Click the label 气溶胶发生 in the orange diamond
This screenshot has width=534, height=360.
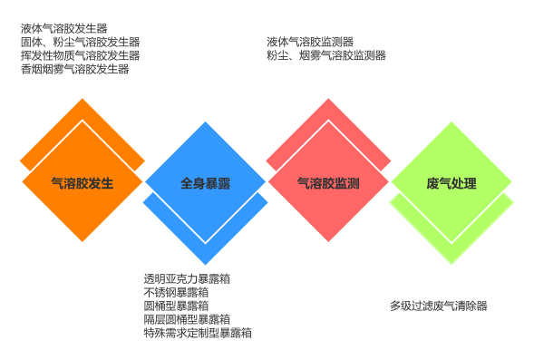click(x=83, y=183)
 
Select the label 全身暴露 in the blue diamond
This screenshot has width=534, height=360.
click(x=205, y=183)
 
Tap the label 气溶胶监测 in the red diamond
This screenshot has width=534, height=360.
click(x=328, y=183)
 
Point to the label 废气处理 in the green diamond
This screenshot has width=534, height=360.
click(x=451, y=183)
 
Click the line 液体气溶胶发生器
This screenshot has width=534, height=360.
click(x=63, y=28)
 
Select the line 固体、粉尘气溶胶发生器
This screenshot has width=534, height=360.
click(x=80, y=42)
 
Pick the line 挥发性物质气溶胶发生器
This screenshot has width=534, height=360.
click(x=80, y=55)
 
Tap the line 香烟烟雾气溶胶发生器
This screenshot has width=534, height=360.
click(x=74, y=69)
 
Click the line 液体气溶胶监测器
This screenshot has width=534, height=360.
click(x=310, y=42)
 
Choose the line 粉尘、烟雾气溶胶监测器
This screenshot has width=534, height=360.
click(x=326, y=55)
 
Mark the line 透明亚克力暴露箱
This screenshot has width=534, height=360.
click(x=187, y=278)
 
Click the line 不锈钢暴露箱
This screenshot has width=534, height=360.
click(x=176, y=292)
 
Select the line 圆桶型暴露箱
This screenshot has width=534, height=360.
click(x=176, y=306)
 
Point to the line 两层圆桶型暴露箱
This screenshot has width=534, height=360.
click(x=187, y=319)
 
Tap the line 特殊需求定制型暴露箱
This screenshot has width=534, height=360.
click(x=198, y=333)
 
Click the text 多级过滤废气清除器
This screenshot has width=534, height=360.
click(x=438, y=306)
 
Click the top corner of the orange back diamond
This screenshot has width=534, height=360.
click(x=83, y=100)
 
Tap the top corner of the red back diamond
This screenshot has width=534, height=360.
click(x=328, y=100)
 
